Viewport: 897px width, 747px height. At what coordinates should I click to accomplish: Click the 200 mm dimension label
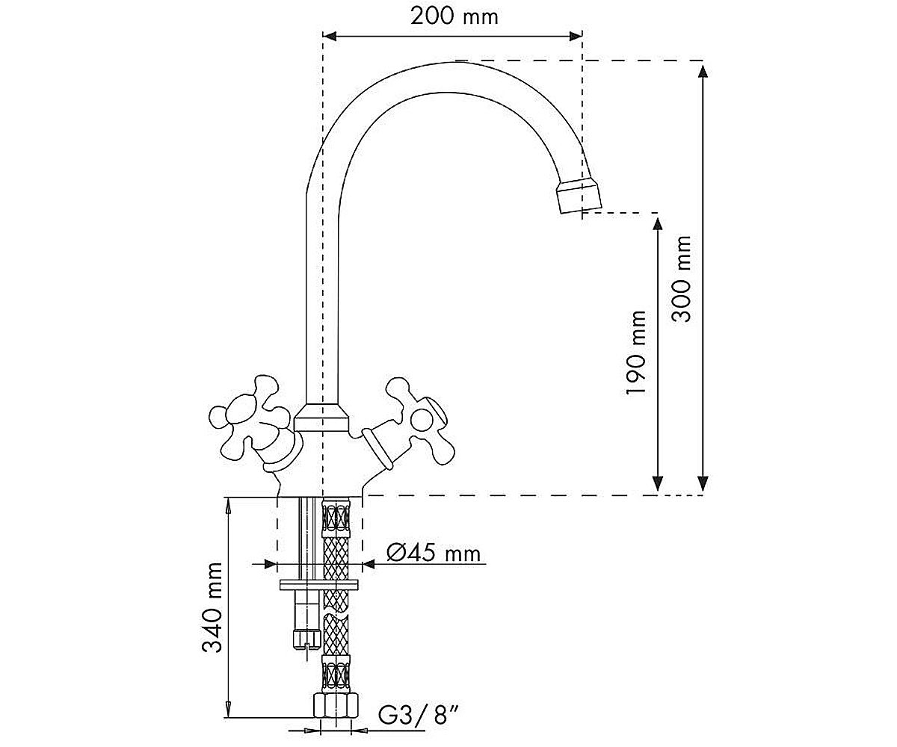[x=454, y=16]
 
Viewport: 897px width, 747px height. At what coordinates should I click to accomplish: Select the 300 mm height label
[x=681, y=279]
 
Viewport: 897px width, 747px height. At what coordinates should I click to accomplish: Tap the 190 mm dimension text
[x=636, y=353]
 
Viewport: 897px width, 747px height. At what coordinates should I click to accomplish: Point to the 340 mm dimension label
[x=212, y=607]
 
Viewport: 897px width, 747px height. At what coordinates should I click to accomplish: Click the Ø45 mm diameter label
[x=434, y=553]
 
